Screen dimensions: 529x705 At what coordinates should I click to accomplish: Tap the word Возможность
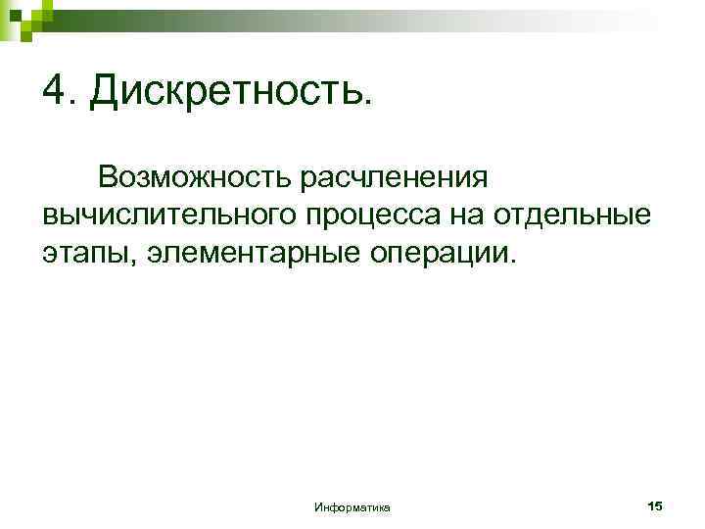[187, 177]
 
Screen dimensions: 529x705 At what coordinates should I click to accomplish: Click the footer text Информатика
[352, 506]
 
